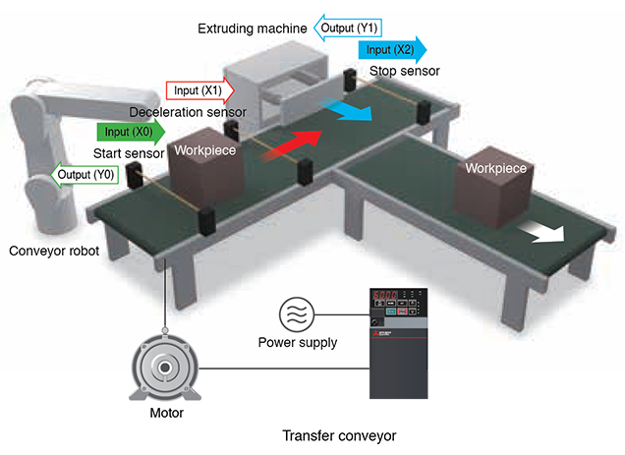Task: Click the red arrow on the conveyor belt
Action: coord(290,144)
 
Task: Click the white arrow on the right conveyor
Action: coord(544,233)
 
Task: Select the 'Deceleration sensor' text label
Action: coord(189,113)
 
